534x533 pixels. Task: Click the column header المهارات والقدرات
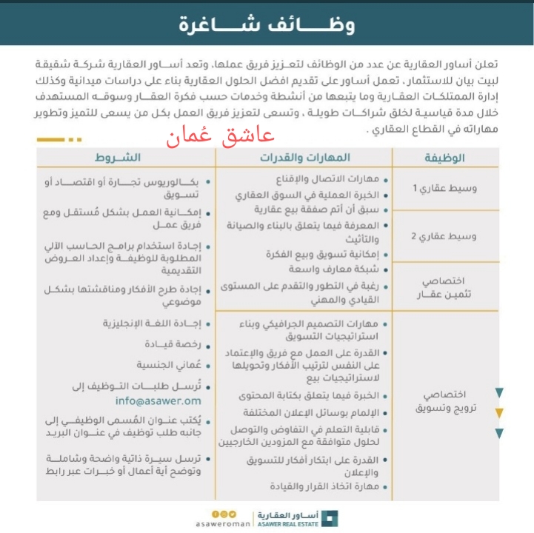(x=304, y=158)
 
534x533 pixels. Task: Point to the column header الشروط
(x=118, y=158)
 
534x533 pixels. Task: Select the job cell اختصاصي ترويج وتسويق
(x=444, y=402)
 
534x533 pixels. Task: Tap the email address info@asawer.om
(x=158, y=401)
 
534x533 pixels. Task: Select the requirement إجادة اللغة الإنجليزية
(x=150, y=324)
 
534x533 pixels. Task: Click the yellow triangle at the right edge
(x=500, y=413)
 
